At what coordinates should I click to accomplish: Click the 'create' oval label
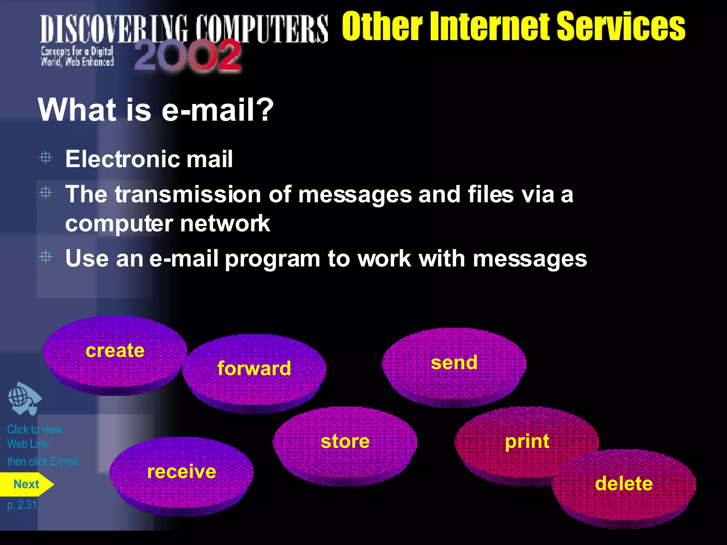pos(115,351)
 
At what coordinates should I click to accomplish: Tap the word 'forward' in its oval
pos(254,368)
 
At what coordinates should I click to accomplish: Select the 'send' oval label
pos(454,363)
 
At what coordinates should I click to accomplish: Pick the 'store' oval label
pos(345,441)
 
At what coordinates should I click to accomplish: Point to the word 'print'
pos(527,442)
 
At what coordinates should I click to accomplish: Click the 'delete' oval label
pos(624,484)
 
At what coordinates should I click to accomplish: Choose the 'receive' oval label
pos(181,472)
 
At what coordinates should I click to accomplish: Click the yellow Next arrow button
pos(26,484)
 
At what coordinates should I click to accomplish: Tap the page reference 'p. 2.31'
pos(22,505)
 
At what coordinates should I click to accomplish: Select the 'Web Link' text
pos(27,444)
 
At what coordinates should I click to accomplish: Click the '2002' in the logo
pos(188,56)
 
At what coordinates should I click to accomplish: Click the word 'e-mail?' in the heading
pos(217,110)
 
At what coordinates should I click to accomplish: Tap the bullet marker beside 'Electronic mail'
pos(46,157)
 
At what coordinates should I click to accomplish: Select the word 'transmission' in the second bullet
pos(188,194)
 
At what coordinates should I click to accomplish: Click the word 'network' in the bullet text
pos(225,224)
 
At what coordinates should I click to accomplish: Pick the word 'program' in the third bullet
pos(272,259)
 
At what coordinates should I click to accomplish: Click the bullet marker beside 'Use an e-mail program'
pos(46,256)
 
